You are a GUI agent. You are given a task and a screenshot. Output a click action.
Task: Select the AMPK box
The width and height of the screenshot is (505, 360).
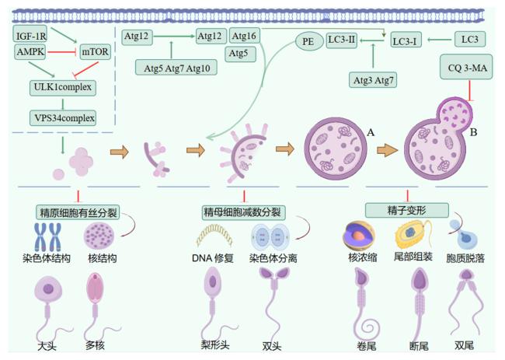click(x=30, y=51)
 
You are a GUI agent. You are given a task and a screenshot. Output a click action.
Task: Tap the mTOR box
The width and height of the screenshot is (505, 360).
click(x=95, y=51)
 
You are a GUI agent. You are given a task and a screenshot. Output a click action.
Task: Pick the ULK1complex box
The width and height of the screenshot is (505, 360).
click(x=63, y=88)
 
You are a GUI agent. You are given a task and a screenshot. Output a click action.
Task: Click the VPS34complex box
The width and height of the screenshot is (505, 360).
click(x=63, y=118)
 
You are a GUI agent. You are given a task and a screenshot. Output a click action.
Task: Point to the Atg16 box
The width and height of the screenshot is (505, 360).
click(x=244, y=36)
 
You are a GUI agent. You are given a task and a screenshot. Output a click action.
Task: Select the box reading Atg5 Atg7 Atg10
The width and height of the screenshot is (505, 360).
click(x=176, y=68)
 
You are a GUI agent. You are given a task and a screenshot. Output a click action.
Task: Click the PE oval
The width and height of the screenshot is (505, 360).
click(x=309, y=41)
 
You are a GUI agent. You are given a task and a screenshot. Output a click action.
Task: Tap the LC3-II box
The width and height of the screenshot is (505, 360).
click(x=341, y=40)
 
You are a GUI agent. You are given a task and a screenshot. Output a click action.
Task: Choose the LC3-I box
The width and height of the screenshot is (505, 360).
click(x=406, y=40)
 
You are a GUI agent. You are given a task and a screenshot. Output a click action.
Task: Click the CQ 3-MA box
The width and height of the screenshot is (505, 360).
click(x=466, y=67)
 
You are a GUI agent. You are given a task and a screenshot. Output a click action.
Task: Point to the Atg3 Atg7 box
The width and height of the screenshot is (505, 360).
click(x=373, y=80)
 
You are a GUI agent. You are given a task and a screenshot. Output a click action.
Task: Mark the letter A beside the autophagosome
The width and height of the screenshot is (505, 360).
click(x=371, y=132)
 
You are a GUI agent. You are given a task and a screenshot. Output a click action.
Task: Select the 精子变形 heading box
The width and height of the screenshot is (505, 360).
click(x=407, y=210)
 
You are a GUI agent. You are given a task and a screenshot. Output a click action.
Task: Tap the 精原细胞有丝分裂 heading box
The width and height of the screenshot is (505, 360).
click(x=78, y=212)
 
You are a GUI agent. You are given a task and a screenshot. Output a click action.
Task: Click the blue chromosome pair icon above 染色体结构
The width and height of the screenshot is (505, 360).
click(x=47, y=237)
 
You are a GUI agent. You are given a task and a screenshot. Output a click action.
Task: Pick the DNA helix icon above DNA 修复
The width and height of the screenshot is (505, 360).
click(x=214, y=236)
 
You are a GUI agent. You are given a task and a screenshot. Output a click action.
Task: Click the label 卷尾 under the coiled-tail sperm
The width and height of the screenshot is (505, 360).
click(x=367, y=346)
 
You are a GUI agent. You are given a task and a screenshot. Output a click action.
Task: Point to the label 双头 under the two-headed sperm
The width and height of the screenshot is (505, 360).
click(x=271, y=346)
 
